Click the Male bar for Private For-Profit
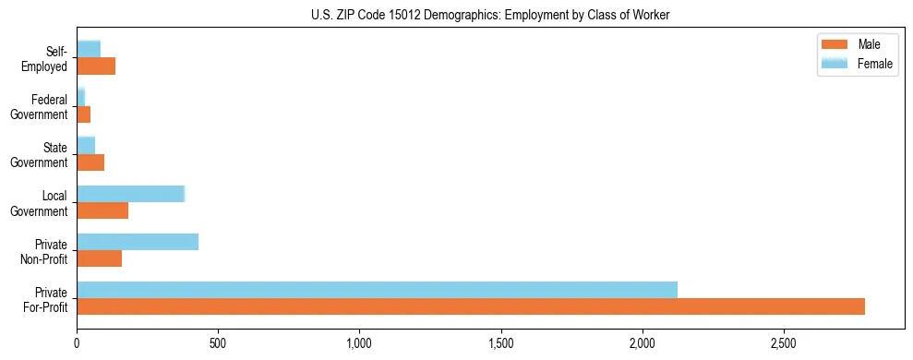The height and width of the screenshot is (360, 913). pos(471,306)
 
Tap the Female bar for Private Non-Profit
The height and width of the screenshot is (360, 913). pos(138,242)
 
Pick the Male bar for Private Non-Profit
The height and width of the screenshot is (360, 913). pos(99,258)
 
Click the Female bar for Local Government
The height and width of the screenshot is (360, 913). pos(130,194)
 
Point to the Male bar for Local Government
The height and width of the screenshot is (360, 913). pos(102,210)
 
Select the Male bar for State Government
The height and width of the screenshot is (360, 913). pos(90,162)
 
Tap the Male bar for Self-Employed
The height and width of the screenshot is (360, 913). pos(96,66)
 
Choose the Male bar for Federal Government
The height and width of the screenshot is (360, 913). pos(83,114)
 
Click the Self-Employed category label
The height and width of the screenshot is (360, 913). pos(46,58)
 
